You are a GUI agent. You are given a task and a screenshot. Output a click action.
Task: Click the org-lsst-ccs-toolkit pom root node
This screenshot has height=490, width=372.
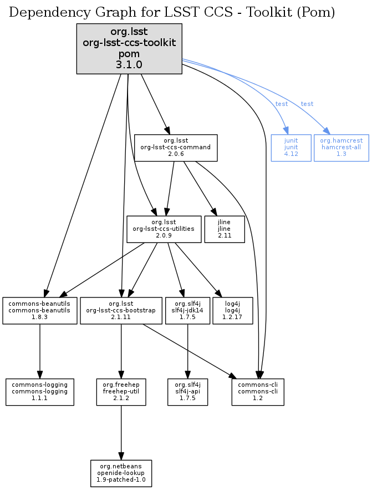129,49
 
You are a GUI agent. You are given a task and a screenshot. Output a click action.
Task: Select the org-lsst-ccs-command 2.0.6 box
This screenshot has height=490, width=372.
176,148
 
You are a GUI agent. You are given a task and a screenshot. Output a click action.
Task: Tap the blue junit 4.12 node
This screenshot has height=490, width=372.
291,148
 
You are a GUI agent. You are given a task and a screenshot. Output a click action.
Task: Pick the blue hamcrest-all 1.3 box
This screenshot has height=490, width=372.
341,148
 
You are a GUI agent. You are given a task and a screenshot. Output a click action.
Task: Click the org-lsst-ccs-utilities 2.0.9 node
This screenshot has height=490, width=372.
164,229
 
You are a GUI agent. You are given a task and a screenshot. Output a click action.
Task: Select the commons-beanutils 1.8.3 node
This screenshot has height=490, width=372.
40,310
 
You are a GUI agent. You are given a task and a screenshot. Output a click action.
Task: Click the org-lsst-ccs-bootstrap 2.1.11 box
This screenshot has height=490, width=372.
121,310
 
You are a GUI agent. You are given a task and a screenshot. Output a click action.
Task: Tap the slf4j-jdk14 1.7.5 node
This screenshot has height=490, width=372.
188,310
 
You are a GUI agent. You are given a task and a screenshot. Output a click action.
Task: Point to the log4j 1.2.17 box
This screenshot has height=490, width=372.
233,310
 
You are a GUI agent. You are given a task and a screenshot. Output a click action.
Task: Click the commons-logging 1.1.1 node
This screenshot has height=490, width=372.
40,392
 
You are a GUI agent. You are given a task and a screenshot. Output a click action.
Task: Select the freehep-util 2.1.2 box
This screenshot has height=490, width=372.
121,392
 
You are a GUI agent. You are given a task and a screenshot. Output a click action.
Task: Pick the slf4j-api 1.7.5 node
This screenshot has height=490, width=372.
188,392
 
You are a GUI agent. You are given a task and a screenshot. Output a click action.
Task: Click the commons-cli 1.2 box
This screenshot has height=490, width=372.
258,392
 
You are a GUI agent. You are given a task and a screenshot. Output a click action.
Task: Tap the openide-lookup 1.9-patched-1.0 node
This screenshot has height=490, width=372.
121,473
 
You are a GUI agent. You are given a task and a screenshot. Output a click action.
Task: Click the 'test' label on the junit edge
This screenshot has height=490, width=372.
282,104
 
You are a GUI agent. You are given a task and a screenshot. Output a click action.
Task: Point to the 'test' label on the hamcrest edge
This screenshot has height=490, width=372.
307,104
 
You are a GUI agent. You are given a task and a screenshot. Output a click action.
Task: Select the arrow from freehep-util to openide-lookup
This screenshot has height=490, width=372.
121,433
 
